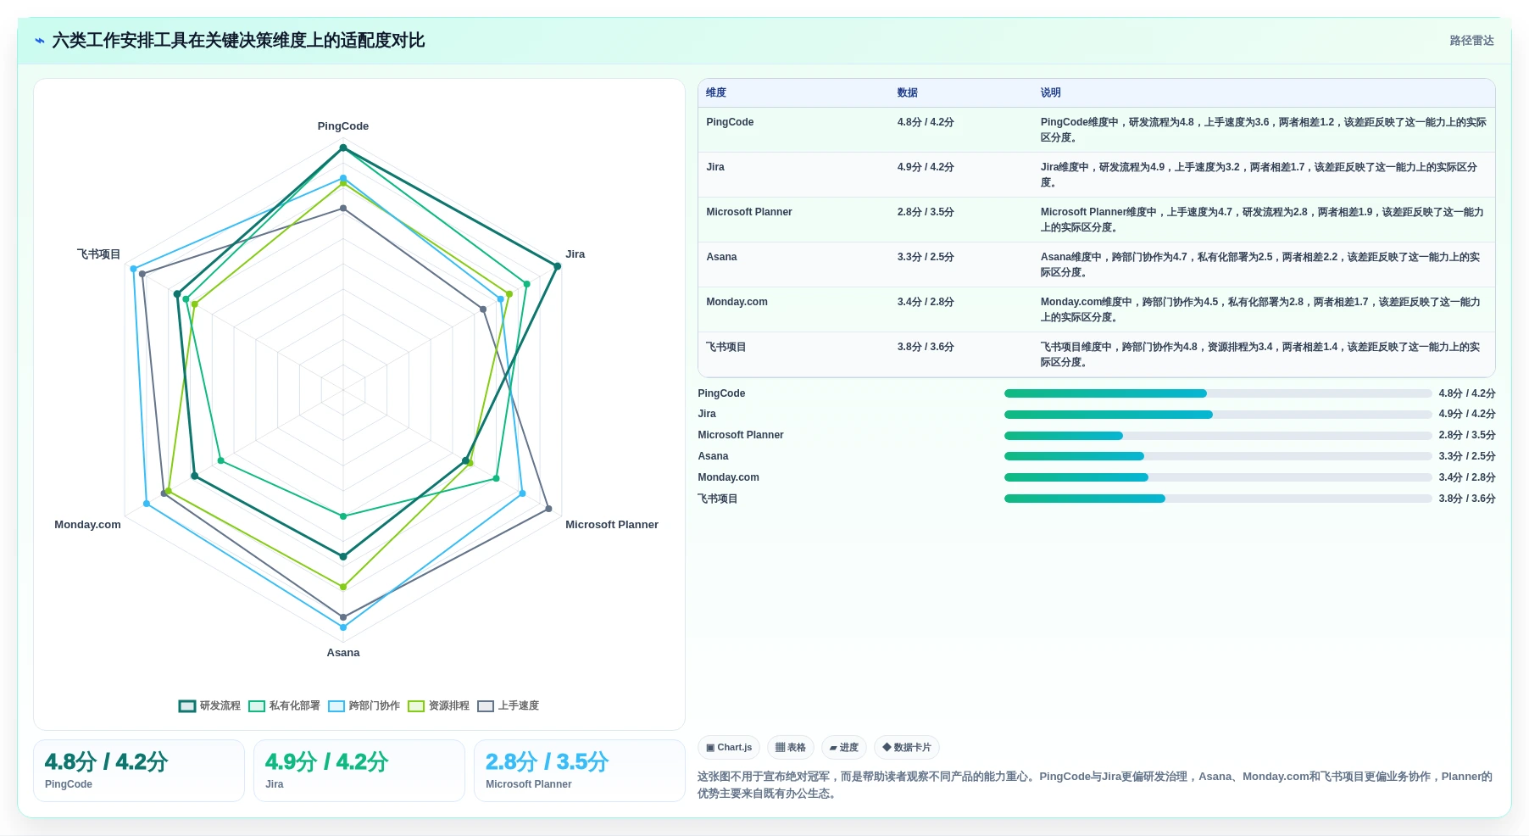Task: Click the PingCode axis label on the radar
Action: [343, 126]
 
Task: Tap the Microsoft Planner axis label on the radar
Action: [612, 525]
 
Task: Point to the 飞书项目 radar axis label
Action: [98, 254]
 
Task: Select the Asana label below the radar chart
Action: [343, 653]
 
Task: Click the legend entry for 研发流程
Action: [209, 705]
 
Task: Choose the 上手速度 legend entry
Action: [509, 705]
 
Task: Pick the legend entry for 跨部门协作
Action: [364, 705]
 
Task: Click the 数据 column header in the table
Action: [908, 93]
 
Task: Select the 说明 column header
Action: [1051, 93]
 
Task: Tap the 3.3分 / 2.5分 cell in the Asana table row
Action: [926, 257]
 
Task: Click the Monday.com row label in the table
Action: [737, 302]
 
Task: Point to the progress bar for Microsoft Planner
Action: [1218, 436]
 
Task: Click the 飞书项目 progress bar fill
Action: [1085, 499]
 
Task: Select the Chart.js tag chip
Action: [729, 748]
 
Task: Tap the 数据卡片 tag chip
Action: [907, 748]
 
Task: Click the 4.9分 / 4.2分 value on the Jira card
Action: [327, 761]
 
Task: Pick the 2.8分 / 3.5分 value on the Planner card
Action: [548, 761]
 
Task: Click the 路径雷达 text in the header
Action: [1472, 41]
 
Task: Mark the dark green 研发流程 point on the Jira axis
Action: [557, 266]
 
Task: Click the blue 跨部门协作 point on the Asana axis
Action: [343, 627]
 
